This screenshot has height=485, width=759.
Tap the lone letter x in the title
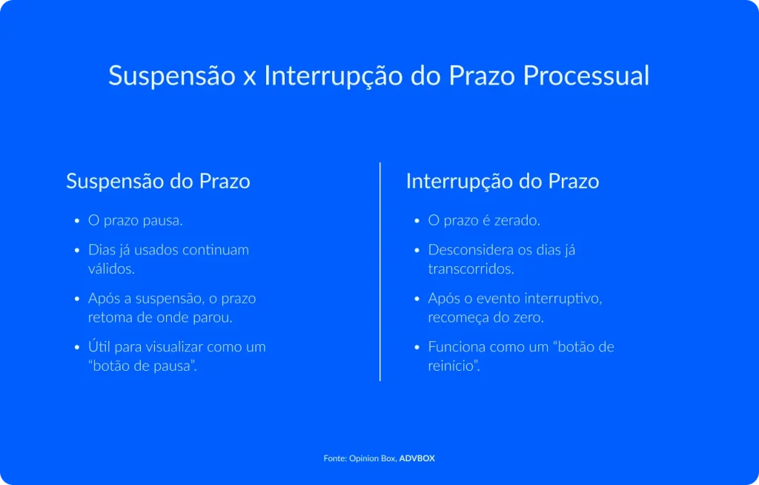click(x=249, y=77)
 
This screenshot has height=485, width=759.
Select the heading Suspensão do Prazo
click(x=158, y=181)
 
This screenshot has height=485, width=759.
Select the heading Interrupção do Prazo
click(x=502, y=181)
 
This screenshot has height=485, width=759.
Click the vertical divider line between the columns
click(x=379, y=271)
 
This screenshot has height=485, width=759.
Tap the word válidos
click(x=111, y=268)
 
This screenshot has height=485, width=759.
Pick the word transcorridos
click(x=471, y=268)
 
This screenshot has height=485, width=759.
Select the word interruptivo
click(x=563, y=298)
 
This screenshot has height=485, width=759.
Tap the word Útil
click(x=99, y=346)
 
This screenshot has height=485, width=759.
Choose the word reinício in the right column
click(x=453, y=366)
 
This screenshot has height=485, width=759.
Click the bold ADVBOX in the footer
click(x=417, y=458)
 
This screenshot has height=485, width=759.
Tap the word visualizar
click(x=170, y=346)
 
